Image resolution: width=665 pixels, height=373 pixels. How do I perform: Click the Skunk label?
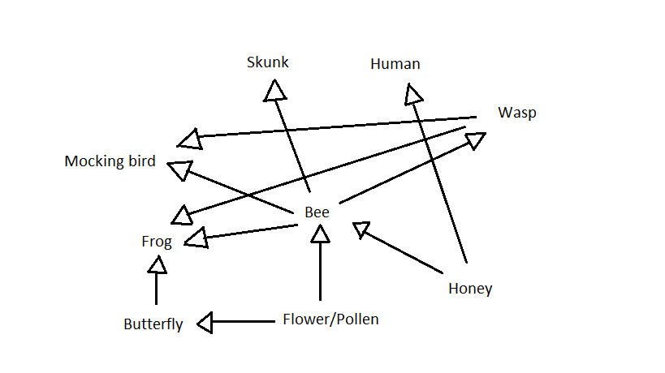click(268, 62)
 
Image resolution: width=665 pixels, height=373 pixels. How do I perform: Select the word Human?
click(395, 64)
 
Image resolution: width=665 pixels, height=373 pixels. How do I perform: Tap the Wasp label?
click(517, 113)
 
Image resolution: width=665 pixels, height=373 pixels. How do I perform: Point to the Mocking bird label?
click(110, 161)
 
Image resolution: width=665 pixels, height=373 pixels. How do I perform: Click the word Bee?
click(317, 212)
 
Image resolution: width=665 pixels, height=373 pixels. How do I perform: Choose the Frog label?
click(157, 241)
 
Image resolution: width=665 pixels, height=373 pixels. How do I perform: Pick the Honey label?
click(470, 288)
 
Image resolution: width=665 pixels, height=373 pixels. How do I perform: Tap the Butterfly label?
click(153, 324)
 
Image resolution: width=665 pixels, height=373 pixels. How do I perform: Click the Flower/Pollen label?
click(330, 319)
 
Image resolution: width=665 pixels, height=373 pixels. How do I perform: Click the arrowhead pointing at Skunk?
click(275, 89)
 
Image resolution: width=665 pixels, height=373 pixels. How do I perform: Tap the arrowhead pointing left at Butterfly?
click(205, 324)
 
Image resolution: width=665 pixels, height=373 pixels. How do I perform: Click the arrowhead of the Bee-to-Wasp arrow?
click(476, 140)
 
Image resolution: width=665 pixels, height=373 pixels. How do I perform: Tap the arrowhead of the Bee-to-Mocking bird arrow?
click(178, 169)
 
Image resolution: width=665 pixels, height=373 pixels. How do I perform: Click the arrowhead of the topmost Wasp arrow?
click(190, 138)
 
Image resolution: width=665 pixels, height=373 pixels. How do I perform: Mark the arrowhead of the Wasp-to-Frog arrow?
click(182, 214)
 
